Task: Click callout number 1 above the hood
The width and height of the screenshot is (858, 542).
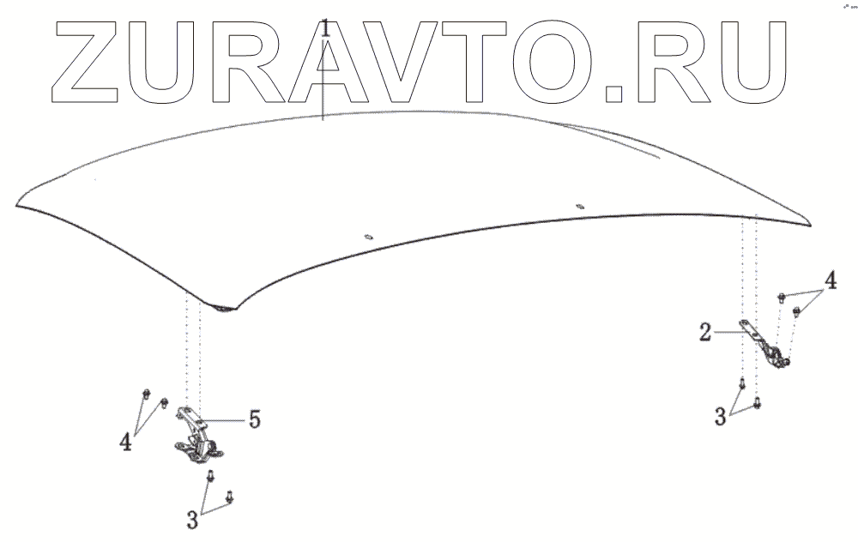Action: (325, 27)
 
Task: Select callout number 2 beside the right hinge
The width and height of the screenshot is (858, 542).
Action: (704, 333)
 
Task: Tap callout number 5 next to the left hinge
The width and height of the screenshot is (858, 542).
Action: (254, 419)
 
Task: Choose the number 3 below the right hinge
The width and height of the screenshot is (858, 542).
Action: (722, 417)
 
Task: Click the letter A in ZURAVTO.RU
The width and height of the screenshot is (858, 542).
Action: (324, 59)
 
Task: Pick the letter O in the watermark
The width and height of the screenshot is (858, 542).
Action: (559, 59)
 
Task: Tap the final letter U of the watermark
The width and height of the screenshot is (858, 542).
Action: (755, 59)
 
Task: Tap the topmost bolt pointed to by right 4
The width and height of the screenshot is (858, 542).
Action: (782, 297)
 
